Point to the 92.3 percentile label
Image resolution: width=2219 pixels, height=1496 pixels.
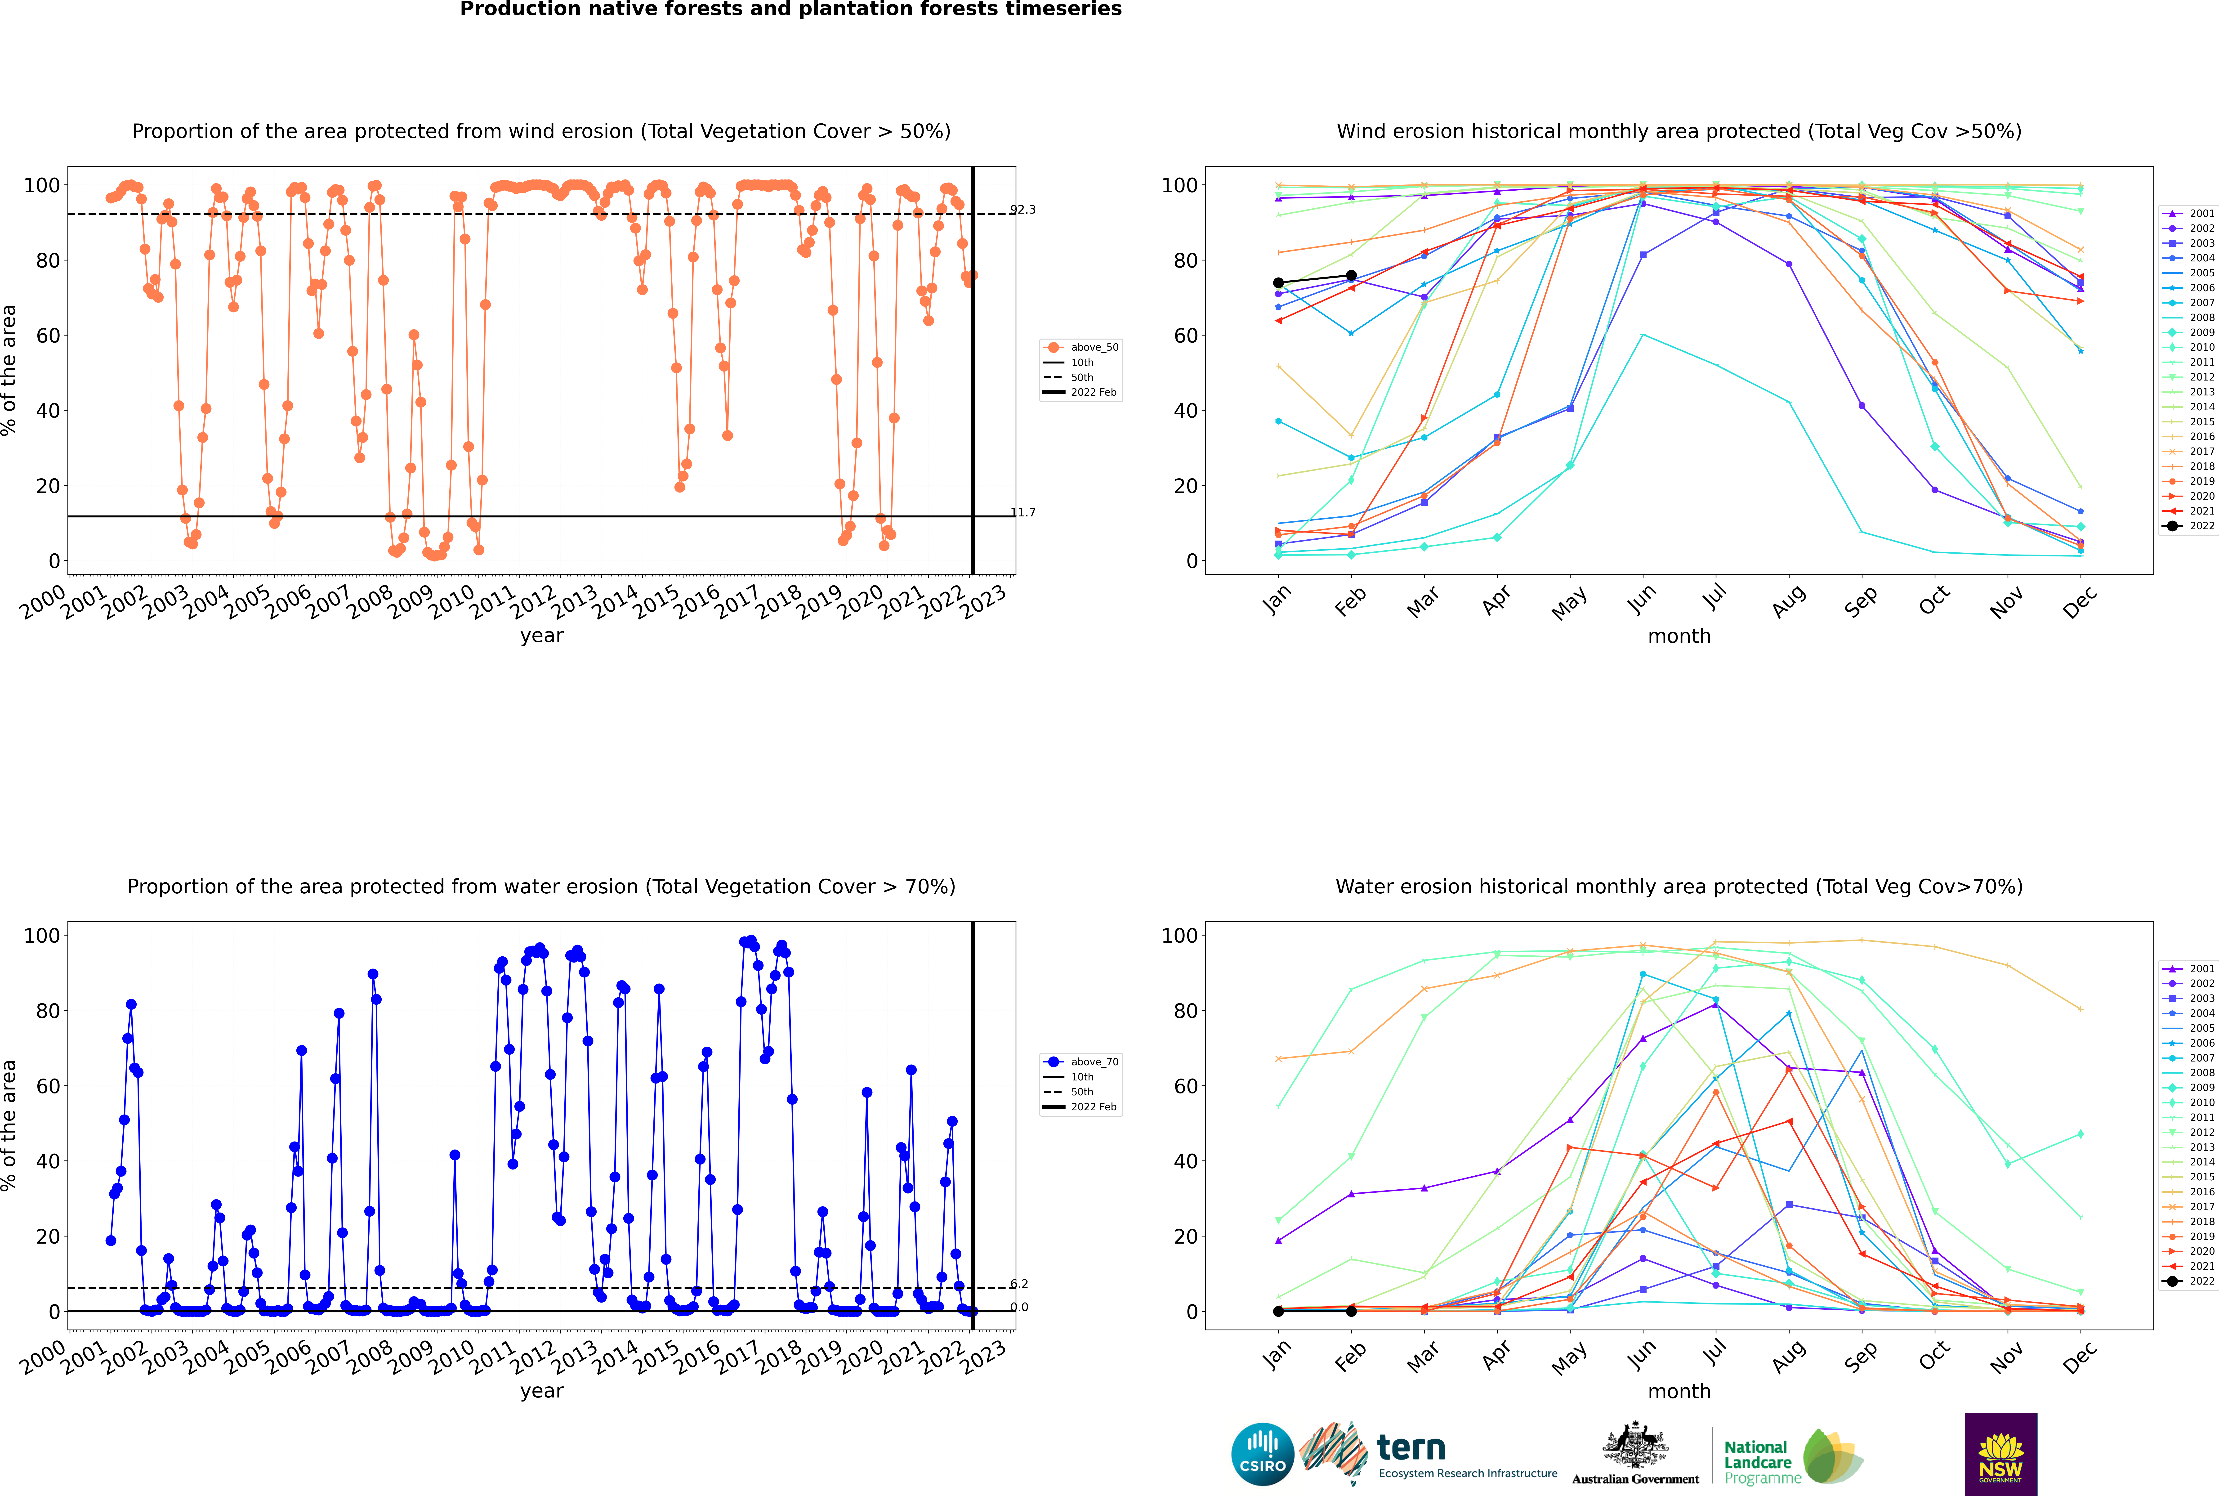pos(1023,210)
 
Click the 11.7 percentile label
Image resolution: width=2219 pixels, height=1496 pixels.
pos(1023,512)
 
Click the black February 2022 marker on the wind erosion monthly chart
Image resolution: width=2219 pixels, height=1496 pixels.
pos(1351,276)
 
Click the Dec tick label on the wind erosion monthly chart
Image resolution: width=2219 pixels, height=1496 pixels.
pos(2080,601)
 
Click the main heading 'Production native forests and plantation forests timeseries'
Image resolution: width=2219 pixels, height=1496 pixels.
pos(791,9)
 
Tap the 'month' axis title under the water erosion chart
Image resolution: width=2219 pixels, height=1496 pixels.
pos(1679,1391)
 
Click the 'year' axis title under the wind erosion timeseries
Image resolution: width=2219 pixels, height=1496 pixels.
pos(542,636)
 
